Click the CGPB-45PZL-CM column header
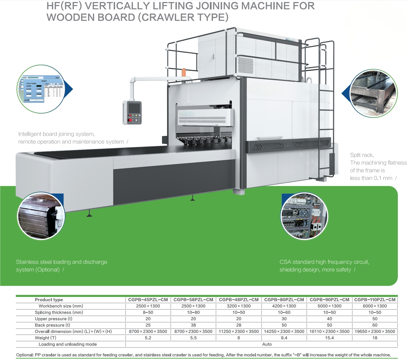pos(148,300)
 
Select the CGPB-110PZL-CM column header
pos(375,300)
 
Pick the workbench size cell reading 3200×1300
pos(239,306)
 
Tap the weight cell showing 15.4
pos(329,338)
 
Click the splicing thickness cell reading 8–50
pos(148,312)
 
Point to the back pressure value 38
pos(193,325)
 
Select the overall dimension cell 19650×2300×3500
pos(375,331)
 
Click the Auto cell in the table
pos(267,344)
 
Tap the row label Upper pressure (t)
pos(53,319)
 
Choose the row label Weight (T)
pos(46,338)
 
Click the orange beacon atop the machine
pos(184,72)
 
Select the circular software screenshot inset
pos(40,89)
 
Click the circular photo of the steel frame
pos(374,94)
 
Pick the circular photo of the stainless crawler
pos(41,216)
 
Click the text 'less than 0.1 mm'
pos(371,178)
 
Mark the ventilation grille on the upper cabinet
pos(245,66)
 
